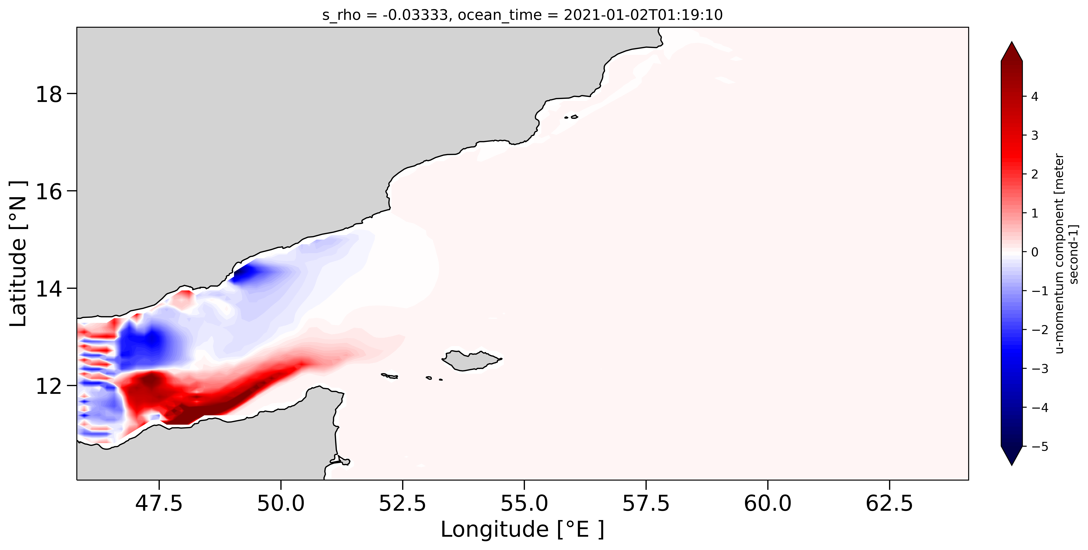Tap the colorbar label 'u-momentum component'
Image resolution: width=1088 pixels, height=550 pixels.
tap(1060, 253)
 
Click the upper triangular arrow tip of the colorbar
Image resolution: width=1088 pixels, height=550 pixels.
tap(1012, 48)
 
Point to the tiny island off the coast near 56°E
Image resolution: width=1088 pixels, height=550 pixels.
tap(574, 116)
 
